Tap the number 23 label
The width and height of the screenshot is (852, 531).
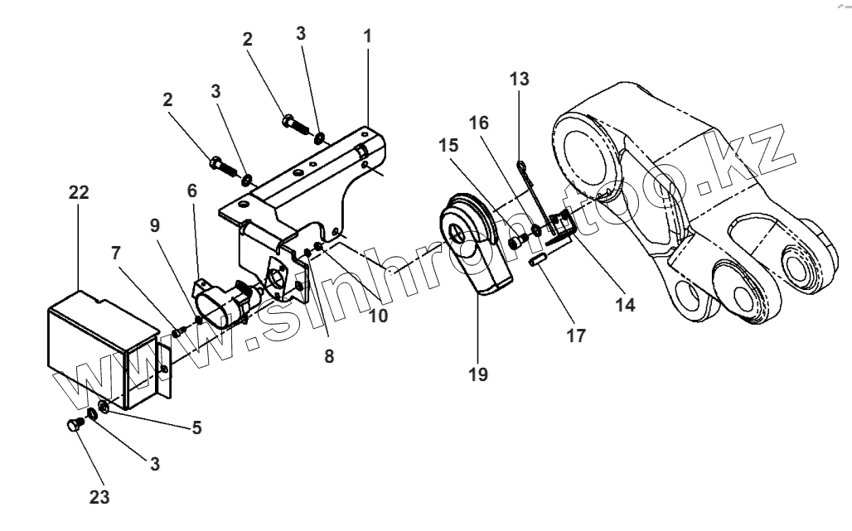[x=99, y=497]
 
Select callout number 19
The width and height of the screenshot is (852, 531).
[x=477, y=374]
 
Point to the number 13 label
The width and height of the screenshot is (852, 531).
[x=520, y=80]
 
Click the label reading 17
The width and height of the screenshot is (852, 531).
[x=576, y=335]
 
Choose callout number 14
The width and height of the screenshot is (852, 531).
[x=625, y=305]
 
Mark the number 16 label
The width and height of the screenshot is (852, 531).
[x=478, y=123]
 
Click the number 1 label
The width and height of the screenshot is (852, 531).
[x=367, y=36]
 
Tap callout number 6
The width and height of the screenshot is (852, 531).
[x=192, y=191]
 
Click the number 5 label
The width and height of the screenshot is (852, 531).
[x=196, y=428]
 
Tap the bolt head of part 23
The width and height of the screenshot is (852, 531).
[x=72, y=427]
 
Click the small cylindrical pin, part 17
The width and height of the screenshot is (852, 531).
[x=537, y=264]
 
